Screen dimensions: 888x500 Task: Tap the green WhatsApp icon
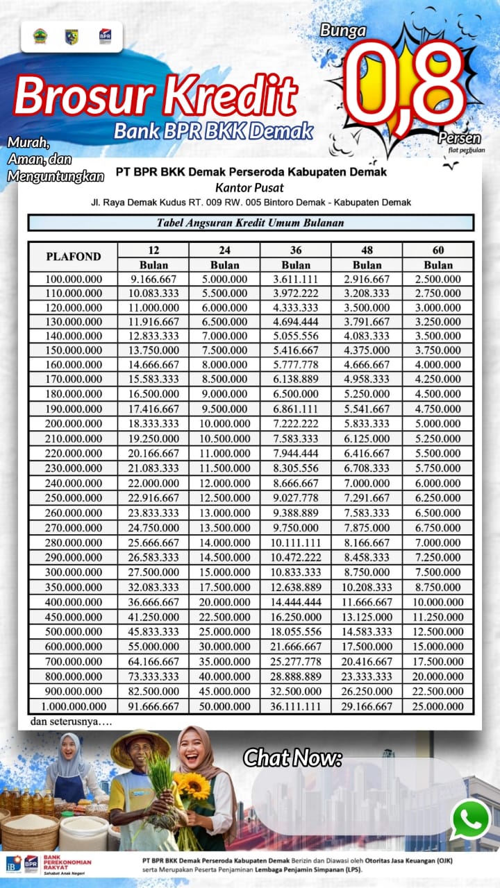click(x=470, y=819)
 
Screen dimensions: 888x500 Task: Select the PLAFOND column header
click(x=73, y=257)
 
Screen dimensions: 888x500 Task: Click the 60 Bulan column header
click(x=437, y=257)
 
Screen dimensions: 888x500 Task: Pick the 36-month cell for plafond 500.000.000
click(x=296, y=631)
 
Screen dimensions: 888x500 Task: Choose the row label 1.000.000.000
click(x=73, y=706)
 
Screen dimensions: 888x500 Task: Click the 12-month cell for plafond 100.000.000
click(x=153, y=279)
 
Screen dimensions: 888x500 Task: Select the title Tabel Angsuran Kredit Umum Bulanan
click(x=250, y=223)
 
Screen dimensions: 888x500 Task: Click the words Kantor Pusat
click(x=249, y=187)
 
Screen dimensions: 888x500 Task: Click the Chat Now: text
click(x=292, y=758)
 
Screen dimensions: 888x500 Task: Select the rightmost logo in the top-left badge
click(x=105, y=36)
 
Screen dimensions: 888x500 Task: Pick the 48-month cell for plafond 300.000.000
click(x=367, y=572)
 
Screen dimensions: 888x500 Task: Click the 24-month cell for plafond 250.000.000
click(x=224, y=498)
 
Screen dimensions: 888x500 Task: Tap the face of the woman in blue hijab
click(x=68, y=747)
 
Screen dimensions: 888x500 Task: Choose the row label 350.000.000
click(x=73, y=587)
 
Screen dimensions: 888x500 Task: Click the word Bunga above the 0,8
click(x=342, y=31)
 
